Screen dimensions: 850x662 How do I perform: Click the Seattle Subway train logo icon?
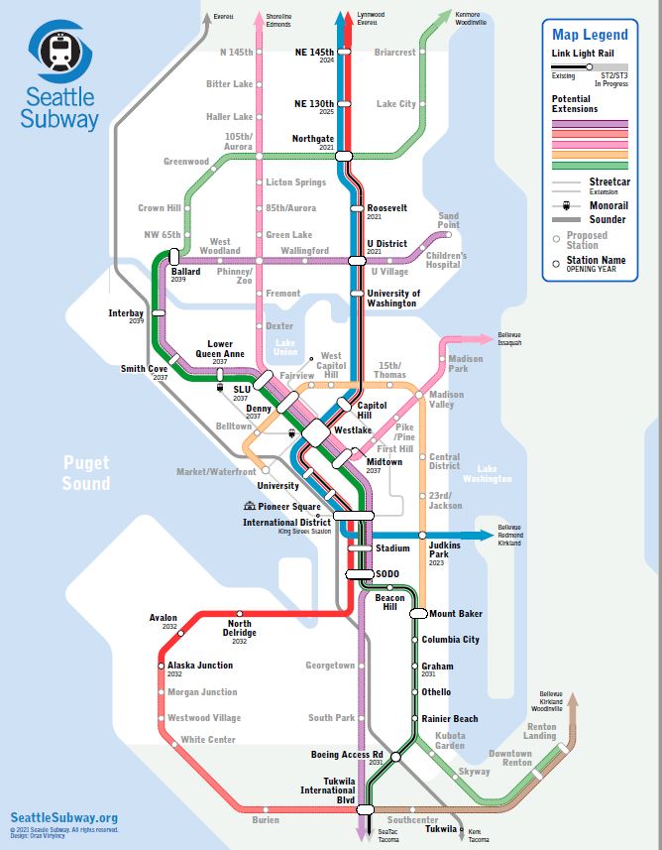61,51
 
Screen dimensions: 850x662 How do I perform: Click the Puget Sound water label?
86,472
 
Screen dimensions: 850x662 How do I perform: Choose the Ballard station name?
185,271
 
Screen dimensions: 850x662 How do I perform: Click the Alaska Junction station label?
200,666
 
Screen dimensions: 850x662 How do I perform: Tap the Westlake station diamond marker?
317,432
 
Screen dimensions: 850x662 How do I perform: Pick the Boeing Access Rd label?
347,755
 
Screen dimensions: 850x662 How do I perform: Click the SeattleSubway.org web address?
58,817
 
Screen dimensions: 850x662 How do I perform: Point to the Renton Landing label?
539,730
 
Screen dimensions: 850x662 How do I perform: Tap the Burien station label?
266,820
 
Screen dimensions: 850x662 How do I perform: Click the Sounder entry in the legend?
607,219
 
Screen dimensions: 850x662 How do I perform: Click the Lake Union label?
284,347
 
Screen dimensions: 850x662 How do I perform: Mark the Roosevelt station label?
386,208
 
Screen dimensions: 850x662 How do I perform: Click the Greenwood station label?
186,161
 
